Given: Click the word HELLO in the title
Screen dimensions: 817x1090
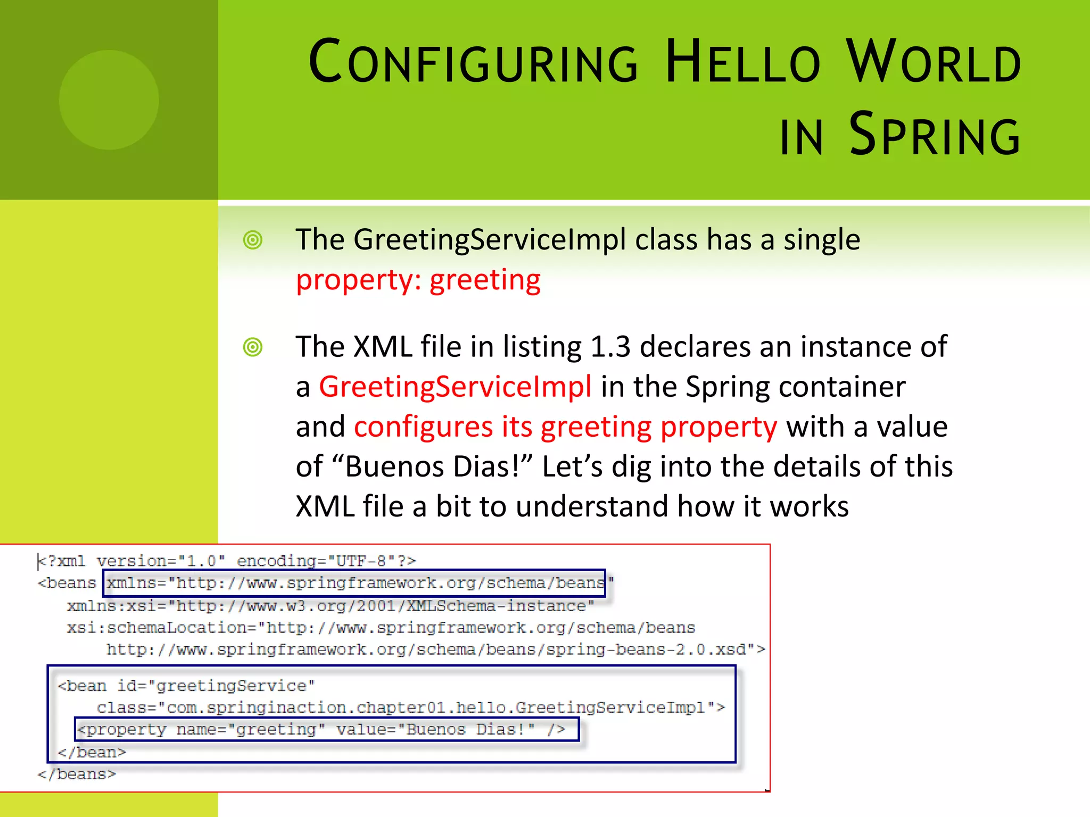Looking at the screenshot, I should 743,62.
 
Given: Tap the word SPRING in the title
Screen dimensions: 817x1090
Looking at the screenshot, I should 935,135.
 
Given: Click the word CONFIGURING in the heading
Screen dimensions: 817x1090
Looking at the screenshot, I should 473,62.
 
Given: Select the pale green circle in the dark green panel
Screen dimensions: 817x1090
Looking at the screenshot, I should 109,100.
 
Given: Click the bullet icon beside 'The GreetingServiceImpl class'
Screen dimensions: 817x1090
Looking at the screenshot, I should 253,240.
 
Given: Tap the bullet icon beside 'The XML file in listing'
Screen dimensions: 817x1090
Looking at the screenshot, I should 253,347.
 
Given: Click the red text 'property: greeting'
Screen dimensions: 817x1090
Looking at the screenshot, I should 418,280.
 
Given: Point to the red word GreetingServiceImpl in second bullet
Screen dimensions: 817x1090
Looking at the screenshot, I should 455,387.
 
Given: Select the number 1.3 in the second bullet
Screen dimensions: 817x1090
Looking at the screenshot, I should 610,347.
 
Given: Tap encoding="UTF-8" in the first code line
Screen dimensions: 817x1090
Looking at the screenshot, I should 326,561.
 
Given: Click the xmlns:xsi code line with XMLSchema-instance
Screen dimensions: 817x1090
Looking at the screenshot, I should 330,606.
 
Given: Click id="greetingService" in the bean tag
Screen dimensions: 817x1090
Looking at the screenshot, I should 216,686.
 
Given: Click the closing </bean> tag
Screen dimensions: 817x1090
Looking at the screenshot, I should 92,752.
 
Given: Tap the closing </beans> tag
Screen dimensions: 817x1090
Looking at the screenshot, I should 77,774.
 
